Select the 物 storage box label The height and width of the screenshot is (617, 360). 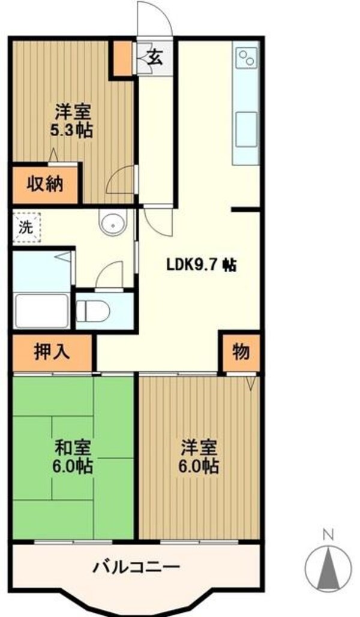tap(241, 352)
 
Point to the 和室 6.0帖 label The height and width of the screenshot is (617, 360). tap(73, 456)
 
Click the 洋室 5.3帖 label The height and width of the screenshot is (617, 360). tap(74, 121)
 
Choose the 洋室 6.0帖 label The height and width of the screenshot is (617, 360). tap(199, 456)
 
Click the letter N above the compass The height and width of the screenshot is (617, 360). tap(328, 533)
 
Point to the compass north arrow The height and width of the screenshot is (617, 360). tap(328, 566)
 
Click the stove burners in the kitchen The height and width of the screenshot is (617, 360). tap(246, 59)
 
